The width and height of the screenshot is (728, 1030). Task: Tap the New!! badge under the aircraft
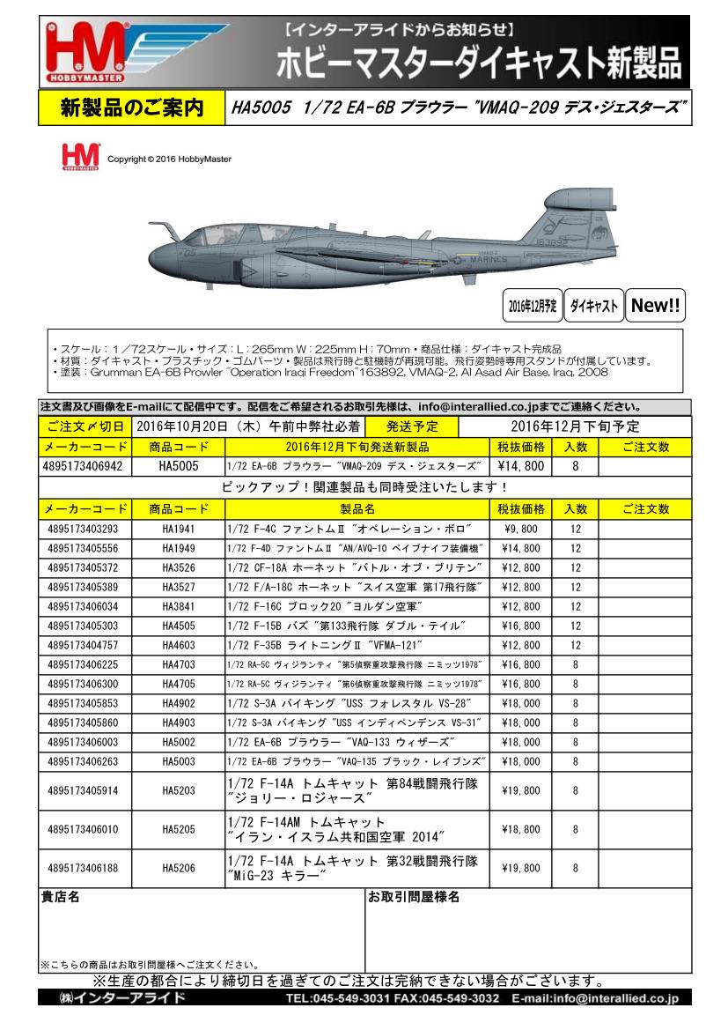(656, 306)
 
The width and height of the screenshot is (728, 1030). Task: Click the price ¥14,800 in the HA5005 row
(521, 465)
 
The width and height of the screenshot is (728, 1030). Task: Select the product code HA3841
(179, 606)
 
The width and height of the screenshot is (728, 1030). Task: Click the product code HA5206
(179, 868)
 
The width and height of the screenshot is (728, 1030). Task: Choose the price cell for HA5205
(521, 829)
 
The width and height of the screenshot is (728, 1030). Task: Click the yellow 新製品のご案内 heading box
(131, 107)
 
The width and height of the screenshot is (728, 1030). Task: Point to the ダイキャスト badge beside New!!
(592, 306)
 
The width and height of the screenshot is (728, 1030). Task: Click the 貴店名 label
(61, 898)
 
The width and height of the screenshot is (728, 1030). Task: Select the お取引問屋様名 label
(414, 898)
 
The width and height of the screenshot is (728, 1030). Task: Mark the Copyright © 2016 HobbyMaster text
(163, 159)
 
